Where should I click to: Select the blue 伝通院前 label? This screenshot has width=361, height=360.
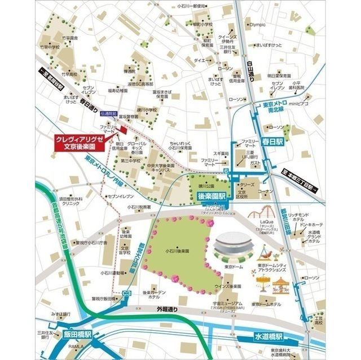tap(108, 114)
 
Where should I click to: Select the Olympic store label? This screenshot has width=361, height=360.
tap(257, 25)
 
